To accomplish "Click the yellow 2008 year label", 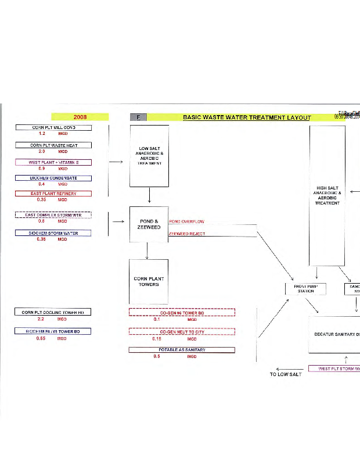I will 80,117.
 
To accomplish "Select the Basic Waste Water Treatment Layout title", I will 247,117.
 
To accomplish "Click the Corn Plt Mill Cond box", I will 53,127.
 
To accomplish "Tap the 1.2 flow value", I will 42,133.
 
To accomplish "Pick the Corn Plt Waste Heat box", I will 53,145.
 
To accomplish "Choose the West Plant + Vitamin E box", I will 53,163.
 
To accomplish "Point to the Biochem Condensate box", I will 53,178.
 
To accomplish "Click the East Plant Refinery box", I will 53,194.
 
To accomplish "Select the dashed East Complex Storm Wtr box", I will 53,215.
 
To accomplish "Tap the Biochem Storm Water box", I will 53,233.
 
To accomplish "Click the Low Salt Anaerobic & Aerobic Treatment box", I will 149,156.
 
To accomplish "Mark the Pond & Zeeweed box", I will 149,224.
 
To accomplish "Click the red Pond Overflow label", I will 187,222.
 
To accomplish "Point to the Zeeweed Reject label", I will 187,234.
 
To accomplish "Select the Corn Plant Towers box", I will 149,282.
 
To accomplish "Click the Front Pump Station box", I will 306,288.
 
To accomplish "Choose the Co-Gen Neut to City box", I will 182,332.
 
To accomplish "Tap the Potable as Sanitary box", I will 182,350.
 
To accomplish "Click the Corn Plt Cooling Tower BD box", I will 53,313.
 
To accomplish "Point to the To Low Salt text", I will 286,374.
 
